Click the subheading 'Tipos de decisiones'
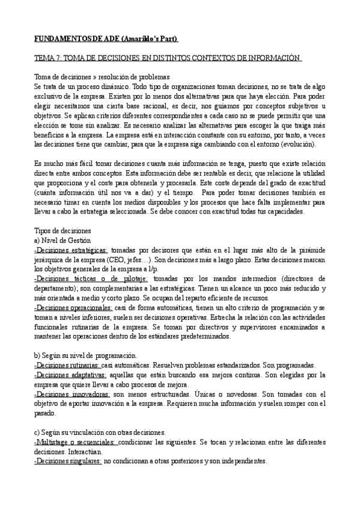click(x=62, y=231)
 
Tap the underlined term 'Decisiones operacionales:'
click(x=72, y=308)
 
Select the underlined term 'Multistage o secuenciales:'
click(x=75, y=442)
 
